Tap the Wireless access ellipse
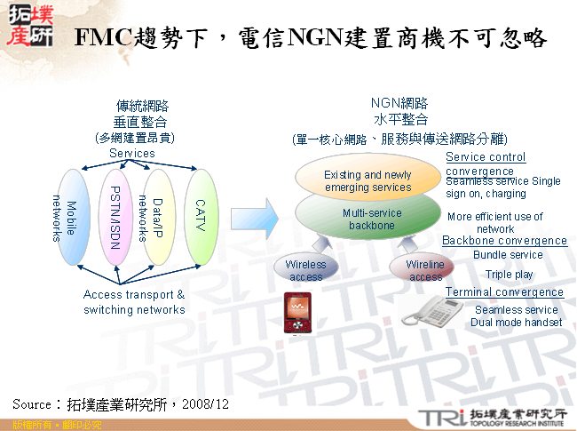point(305,270)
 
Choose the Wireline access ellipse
point(425,270)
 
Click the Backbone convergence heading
point(504,241)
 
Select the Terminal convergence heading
point(504,292)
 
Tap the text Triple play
point(510,275)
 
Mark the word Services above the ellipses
point(132,154)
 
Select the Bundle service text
point(508,255)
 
